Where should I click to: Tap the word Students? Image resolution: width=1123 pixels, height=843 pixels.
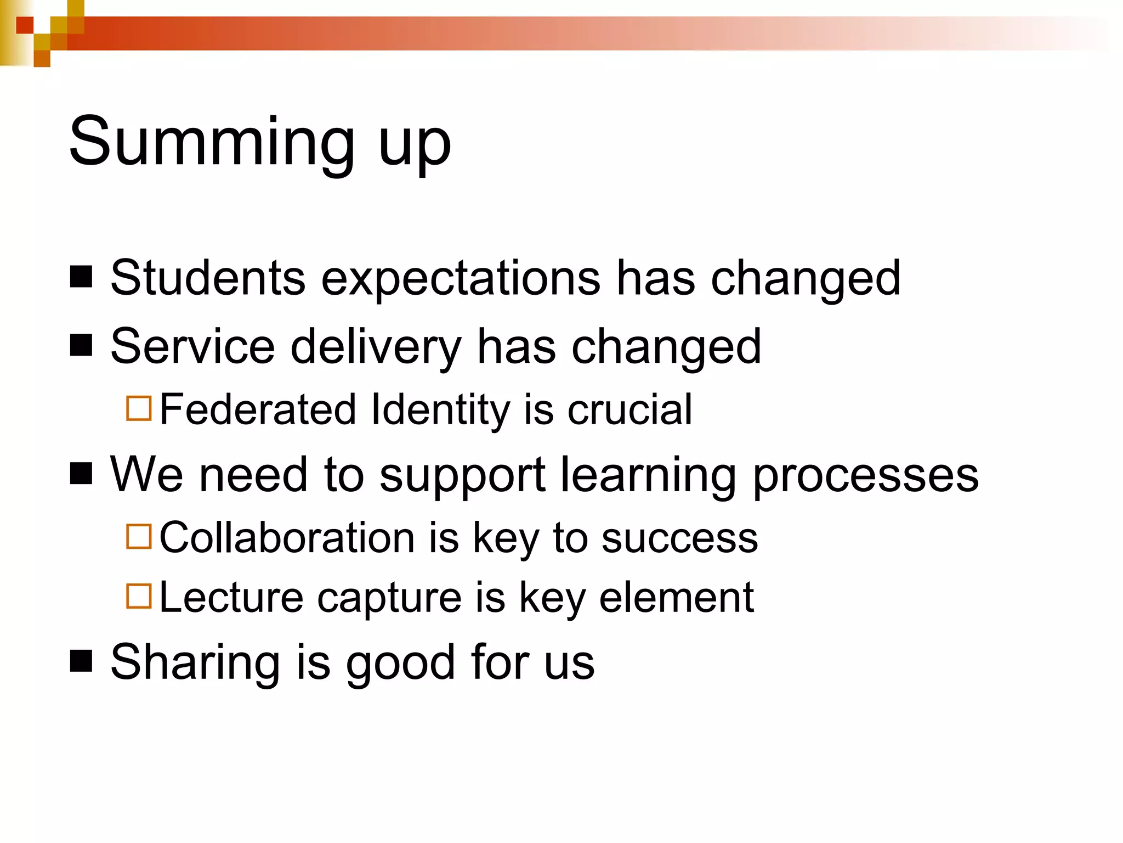click(208, 278)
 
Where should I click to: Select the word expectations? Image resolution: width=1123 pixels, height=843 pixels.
click(461, 279)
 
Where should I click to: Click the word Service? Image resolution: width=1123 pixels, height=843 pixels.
click(192, 346)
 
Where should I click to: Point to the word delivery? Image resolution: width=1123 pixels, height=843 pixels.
click(376, 347)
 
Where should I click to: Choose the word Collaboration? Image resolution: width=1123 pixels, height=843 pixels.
click(287, 538)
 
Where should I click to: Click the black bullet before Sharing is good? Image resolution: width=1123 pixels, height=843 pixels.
click(81, 661)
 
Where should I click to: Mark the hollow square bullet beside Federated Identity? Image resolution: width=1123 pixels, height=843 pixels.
click(139, 408)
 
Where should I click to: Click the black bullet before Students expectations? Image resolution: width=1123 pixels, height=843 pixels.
click(81, 277)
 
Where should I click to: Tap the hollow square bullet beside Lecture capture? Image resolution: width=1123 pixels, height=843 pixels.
click(139, 596)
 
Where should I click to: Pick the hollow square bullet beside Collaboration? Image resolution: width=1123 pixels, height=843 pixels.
click(139, 537)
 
